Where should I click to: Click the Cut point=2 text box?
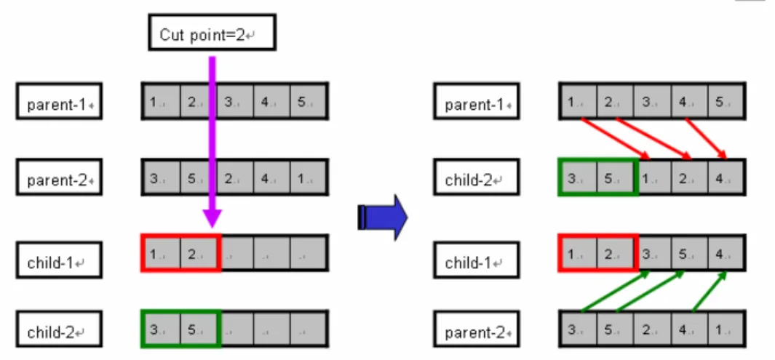[x=212, y=33]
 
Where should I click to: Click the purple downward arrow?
[x=212, y=143]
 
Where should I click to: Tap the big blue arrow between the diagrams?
[x=382, y=217]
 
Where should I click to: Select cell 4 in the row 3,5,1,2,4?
[x=726, y=177]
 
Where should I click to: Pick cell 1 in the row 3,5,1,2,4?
[x=652, y=177]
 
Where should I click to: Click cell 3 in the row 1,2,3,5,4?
[x=652, y=253]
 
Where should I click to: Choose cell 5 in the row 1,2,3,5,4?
[x=689, y=253]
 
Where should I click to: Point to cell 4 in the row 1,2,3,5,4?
[x=726, y=253]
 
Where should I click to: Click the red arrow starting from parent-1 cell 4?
[x=707, y=139]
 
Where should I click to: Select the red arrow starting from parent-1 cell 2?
[x=653, y=139]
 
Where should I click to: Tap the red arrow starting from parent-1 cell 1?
[x=615, y=139]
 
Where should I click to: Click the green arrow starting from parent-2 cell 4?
[x=710, y=292]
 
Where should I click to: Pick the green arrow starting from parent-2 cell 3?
[x=615, y=292]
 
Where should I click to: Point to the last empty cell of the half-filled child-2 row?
[x=309, y=329]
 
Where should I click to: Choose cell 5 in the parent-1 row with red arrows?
[x=726, y=101]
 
